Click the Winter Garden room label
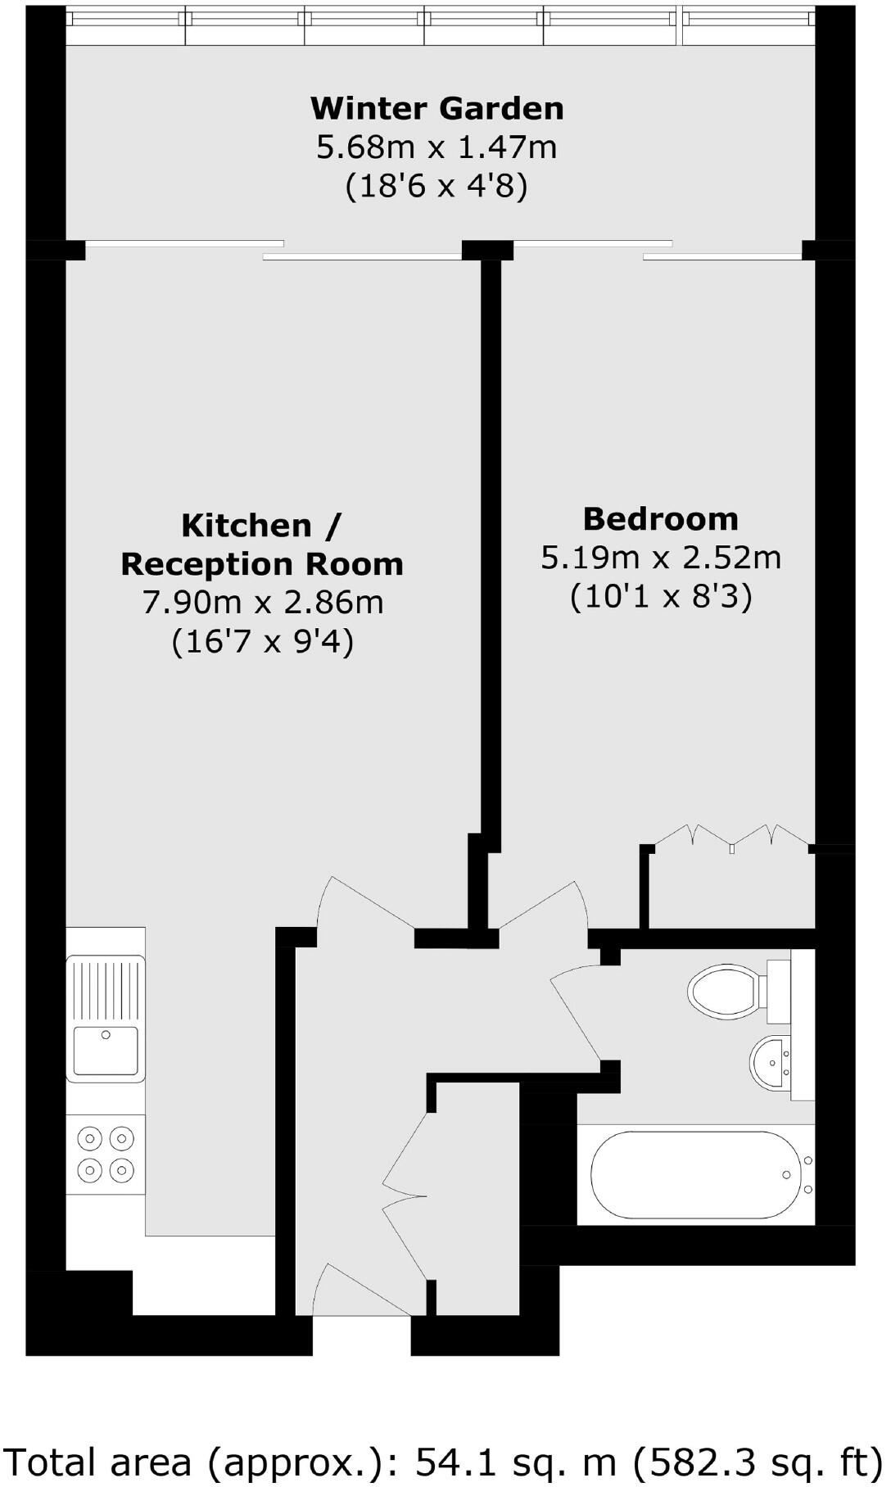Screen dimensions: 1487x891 (436, 108)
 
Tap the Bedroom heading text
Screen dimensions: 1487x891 (660, 519)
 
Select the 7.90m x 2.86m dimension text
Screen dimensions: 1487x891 (263, 603)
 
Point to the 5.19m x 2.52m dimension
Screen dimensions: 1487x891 (660, 558)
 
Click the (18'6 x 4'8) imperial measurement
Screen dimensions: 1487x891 (436, 187)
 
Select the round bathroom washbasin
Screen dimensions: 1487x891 (770, 1062)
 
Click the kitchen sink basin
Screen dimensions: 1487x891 (106, 1050)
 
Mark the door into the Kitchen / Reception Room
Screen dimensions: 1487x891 (365, 905)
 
